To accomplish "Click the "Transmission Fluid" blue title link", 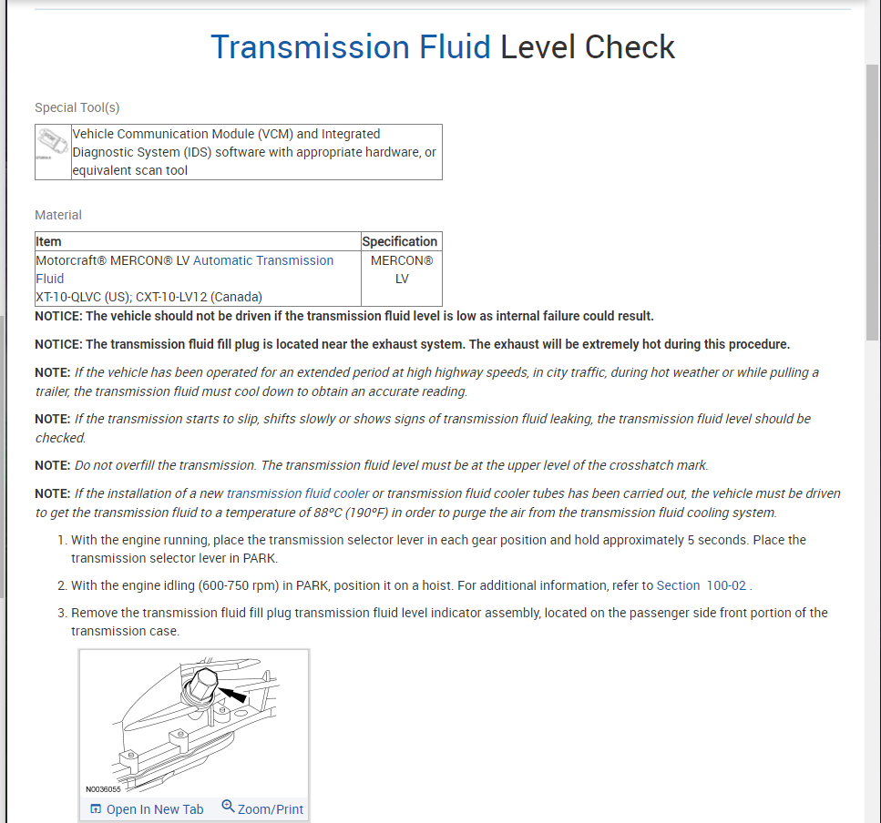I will click(x=351, y=47).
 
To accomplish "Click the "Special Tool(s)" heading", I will click(x=77, y=107).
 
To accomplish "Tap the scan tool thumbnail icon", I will click(x=52, y=145).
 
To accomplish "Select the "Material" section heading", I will click(x=58, y=215).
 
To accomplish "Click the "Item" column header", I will click(x=49, y=241).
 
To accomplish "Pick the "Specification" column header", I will click(x=400, y=241).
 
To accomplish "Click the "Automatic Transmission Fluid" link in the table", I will click(x=263, y=260).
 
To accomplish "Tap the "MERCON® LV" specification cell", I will click(x=402, y=269).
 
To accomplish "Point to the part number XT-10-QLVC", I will click(x=73, y=296).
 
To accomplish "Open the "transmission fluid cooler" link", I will click(x=298, y=493).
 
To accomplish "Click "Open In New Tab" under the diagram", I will click(x=147, y=809).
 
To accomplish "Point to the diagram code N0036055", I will click(x=103, y=789).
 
